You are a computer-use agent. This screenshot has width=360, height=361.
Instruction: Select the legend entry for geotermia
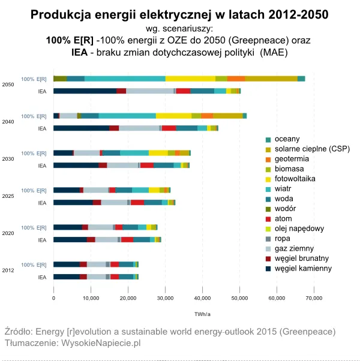click(x=292, y=159)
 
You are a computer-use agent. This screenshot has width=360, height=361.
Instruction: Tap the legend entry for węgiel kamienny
click(x=302, y=268)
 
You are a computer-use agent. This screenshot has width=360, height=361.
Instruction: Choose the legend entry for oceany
click(x=287, y=139)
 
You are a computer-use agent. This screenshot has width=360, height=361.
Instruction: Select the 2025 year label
click(x=8, y=196)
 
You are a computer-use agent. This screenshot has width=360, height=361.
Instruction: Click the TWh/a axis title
click(x=202, y=314)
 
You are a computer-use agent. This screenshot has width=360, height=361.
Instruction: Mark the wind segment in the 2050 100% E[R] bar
click(x=125, y=79)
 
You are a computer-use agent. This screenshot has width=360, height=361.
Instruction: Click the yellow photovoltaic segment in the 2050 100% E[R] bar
click(x=190, y=79)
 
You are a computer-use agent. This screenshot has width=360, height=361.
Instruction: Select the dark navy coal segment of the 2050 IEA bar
click(x=85, y=91)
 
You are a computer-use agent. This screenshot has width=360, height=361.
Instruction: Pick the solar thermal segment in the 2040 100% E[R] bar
click(x=227, y=116)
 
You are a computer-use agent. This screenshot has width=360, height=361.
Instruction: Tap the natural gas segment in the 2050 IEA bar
click(x=150, y=91)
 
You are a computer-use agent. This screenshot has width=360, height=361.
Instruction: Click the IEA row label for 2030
click(x=41, y=166)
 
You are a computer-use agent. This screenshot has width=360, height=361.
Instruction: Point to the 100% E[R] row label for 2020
click(x=34, y=227)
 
